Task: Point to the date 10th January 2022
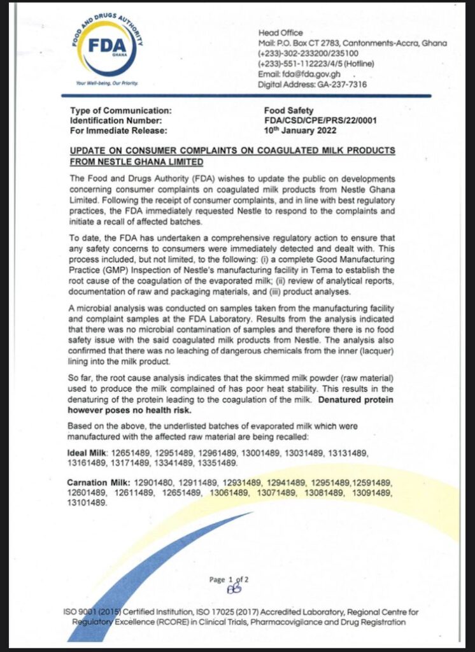coord(300,131)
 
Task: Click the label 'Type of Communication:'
coord(120,110)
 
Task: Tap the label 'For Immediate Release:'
coord(118,131)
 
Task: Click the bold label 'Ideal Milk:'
coord(89,452)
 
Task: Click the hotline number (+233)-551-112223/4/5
coord(316,63)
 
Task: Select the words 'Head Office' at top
coord(281,32)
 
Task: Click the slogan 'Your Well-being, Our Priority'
coord(106,83)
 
